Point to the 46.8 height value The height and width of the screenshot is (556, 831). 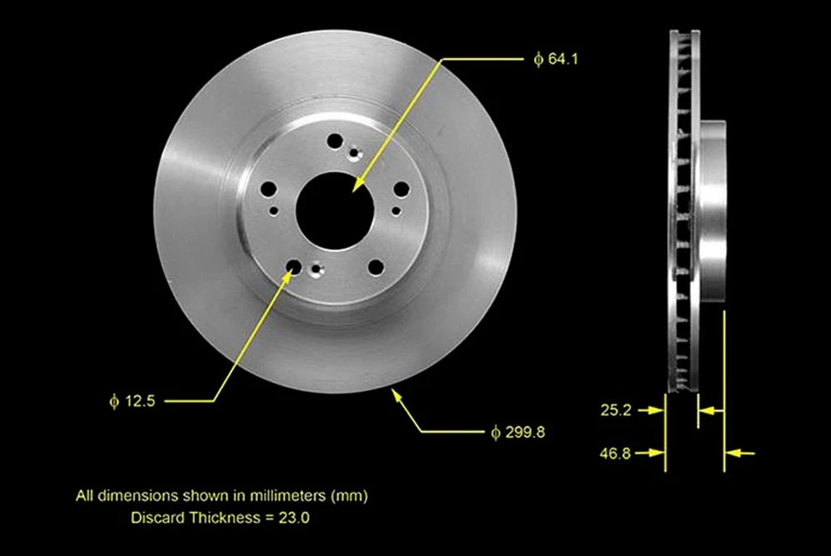pos(615,452)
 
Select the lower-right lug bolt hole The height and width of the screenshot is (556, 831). pos(375,267)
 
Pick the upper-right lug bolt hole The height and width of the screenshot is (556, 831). pos(400,190)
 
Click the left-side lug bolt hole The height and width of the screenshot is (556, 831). pos(268,189)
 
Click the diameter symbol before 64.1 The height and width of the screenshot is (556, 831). pos(538,60)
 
